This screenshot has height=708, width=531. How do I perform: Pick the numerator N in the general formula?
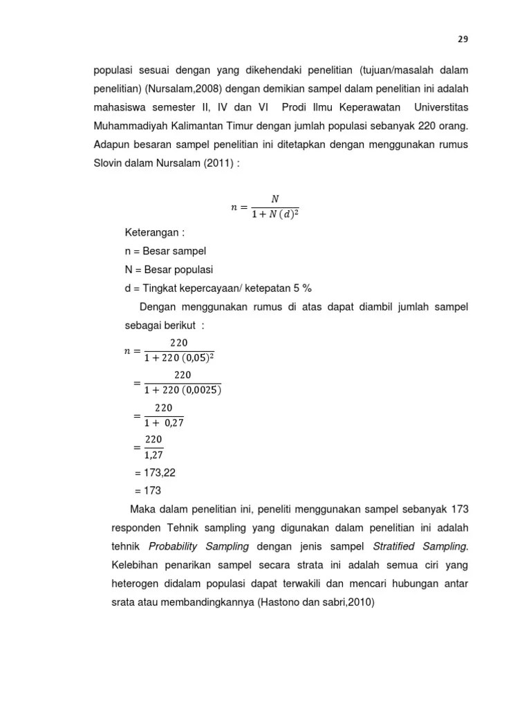pyautogui.click(x=274, y=199)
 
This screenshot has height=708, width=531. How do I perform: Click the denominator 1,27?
pyautogui.click(x=153, y=454)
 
